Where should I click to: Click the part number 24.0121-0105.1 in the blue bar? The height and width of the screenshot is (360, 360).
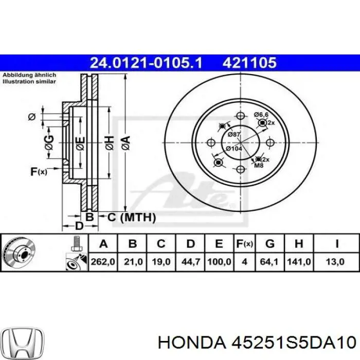tap(147, 63)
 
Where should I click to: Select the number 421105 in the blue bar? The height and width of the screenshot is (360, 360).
tap(249, 63)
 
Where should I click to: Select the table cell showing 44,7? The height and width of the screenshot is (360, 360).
tap(190, 261)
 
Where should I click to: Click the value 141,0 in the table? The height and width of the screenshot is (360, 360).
tap(300, 261)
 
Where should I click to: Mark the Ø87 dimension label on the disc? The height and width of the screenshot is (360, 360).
tap(234, 134)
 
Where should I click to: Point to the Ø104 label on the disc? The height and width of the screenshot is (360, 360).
tap(235, 149)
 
